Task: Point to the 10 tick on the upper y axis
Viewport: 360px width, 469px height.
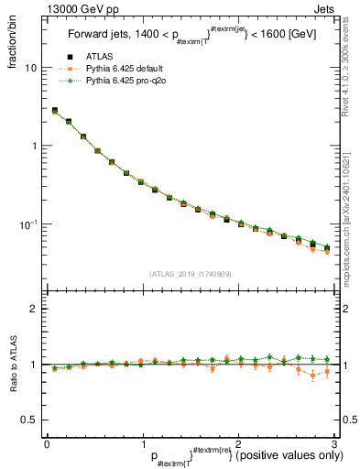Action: [31, 68]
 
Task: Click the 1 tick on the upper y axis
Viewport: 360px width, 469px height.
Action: [34, 146]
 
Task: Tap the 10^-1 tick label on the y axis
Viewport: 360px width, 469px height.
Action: [28, 224]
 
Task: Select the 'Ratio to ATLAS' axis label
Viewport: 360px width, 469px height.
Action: [14, 364]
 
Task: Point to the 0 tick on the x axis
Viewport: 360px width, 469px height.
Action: [47, 443]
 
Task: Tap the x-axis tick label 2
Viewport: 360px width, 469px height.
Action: [238, 443]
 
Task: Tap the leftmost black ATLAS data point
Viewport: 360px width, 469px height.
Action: [55, 111]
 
